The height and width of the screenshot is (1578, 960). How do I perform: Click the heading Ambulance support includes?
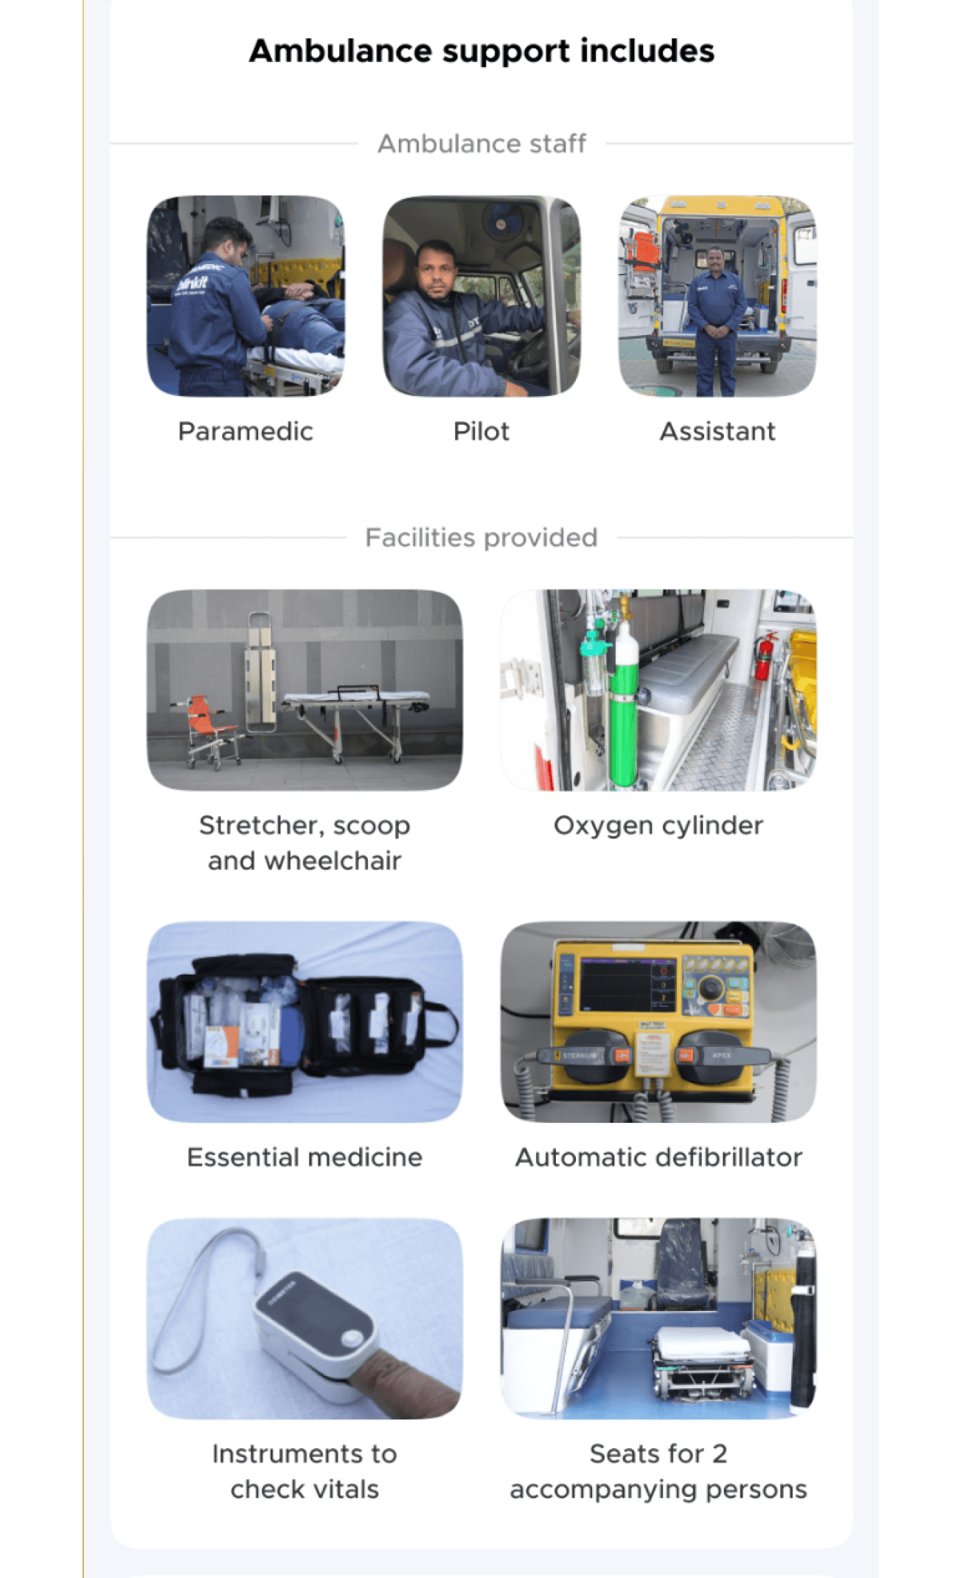pyautogui.click(x=481, y=51)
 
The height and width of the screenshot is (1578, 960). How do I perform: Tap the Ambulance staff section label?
pyautogui.click(x=481, y=143)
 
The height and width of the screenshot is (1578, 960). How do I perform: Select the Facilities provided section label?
pyautogui.click(x=481, y=537)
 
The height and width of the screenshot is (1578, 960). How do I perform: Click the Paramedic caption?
pyautogui.click(x=246, y=431)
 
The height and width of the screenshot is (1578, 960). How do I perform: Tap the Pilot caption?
pyautogui.click(x=481, y=431)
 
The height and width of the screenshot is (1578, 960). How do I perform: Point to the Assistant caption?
pyautogui.click(x=717, y=431)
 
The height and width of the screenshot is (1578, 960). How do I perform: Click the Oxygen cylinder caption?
pyautogui.click(x=658, y=826)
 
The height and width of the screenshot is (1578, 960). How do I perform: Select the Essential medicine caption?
pyautogui.click(x=305, y=1157)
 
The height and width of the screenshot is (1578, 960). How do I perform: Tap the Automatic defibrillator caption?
pyautogui.click(x=658, y=1157)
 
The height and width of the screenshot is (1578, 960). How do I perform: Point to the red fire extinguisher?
pyautogui.click(x=764, y=657)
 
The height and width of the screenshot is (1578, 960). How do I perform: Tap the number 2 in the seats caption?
pyautogui.click(x=719, y=1453)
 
